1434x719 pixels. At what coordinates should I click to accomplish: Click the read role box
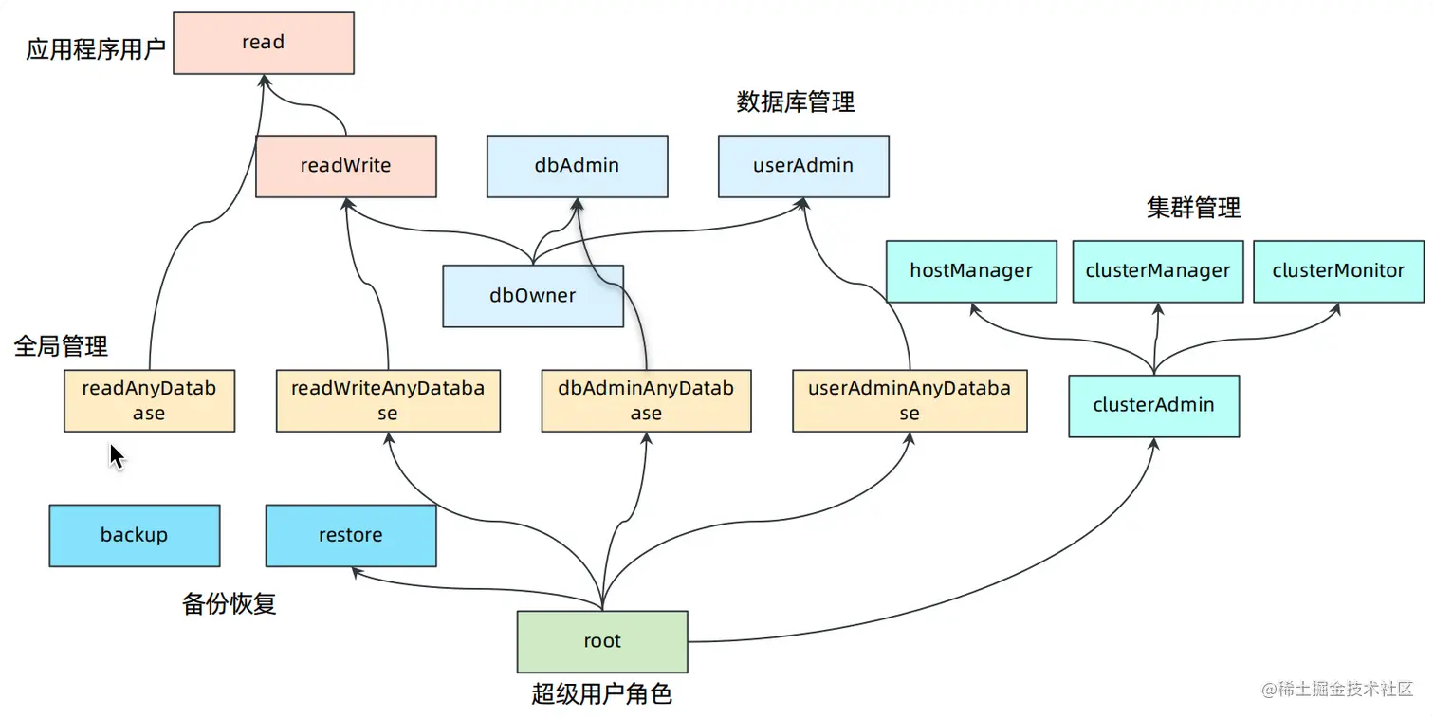click(264, 43)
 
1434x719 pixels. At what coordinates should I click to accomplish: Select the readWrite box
click(345, 166)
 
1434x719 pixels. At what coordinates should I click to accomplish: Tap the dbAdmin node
click(577, 166)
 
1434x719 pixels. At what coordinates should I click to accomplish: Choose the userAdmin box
click(803, 166)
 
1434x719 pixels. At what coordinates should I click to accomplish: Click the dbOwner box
click(533, 296)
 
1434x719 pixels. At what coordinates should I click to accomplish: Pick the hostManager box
click(971, 271)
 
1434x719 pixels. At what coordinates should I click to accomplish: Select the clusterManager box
click(1158, 271)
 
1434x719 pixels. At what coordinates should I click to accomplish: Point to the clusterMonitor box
click(1338, 271)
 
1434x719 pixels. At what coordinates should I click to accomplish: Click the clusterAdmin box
click(1153, 405)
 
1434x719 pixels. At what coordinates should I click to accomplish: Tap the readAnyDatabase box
click(149, 400)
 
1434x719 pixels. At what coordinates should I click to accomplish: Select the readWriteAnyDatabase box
click(388, 400)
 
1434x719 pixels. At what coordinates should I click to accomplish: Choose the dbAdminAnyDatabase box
click(646, 400)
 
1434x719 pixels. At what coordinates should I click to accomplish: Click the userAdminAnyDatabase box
click(910, 400)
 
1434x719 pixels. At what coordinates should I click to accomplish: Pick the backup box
click(134, 535)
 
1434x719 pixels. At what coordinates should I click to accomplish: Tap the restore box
click(351, 535)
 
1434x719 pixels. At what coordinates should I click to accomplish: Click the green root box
click(602, 641)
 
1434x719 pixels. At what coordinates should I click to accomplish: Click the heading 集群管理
click(1193, 208)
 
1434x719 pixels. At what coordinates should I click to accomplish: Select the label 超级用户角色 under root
click(601, 694)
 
